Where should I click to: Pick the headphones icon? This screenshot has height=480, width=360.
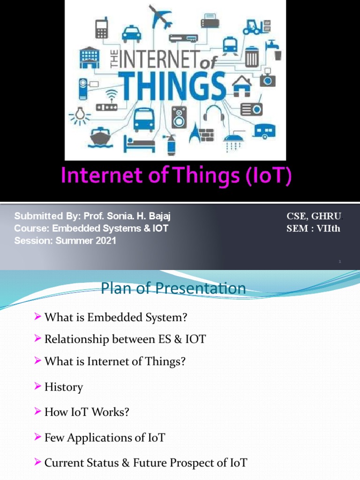point(213,114)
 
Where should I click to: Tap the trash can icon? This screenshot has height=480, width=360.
point(252,57)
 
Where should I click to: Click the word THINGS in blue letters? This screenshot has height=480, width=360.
point(174,87)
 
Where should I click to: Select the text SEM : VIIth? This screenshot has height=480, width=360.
point(313,229)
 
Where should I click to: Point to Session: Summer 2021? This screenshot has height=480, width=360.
point(65,241)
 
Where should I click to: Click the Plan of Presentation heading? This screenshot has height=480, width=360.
point(173,288)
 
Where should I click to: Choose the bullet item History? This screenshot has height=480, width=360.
point(63,387)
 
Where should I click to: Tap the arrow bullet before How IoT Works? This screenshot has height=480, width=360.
point(38,412)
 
